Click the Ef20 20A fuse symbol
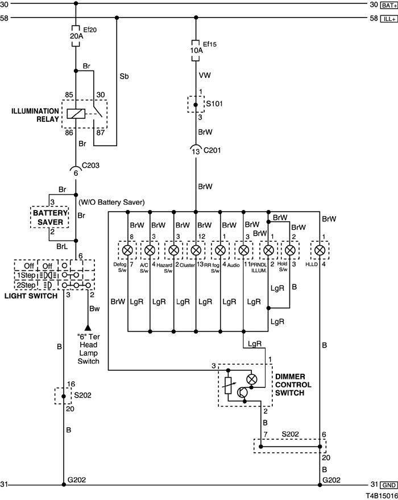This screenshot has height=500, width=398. (x=76, y=36)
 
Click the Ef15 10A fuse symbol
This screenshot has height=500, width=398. (x=196, y=51)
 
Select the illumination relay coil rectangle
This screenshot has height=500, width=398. (x=76, y=114)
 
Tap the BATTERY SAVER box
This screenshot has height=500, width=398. (x=50, y=217)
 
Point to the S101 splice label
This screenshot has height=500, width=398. (x=214, y=104)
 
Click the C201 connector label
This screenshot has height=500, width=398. (x=212, y=150)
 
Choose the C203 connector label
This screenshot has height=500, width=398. (x=90, y=165)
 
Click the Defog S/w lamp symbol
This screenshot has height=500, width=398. (x=127, y=250)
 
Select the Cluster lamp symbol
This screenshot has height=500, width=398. (x=196, y=250)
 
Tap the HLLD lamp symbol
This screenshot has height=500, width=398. (x=320, y=250)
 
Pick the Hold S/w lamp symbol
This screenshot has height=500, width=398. (x=290, y=250)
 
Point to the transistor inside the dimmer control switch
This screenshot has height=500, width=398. (x=243, y=392)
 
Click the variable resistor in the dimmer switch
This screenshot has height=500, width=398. (x=228, y=386)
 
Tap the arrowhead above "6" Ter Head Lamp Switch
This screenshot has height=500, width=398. (x=88, y=328)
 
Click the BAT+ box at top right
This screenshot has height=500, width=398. (x=388, y=5)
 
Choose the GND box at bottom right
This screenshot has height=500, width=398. (x=389, y=485)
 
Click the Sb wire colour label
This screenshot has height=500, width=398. (x=125, y=77)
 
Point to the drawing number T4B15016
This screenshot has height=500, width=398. (x=382, y=496)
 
